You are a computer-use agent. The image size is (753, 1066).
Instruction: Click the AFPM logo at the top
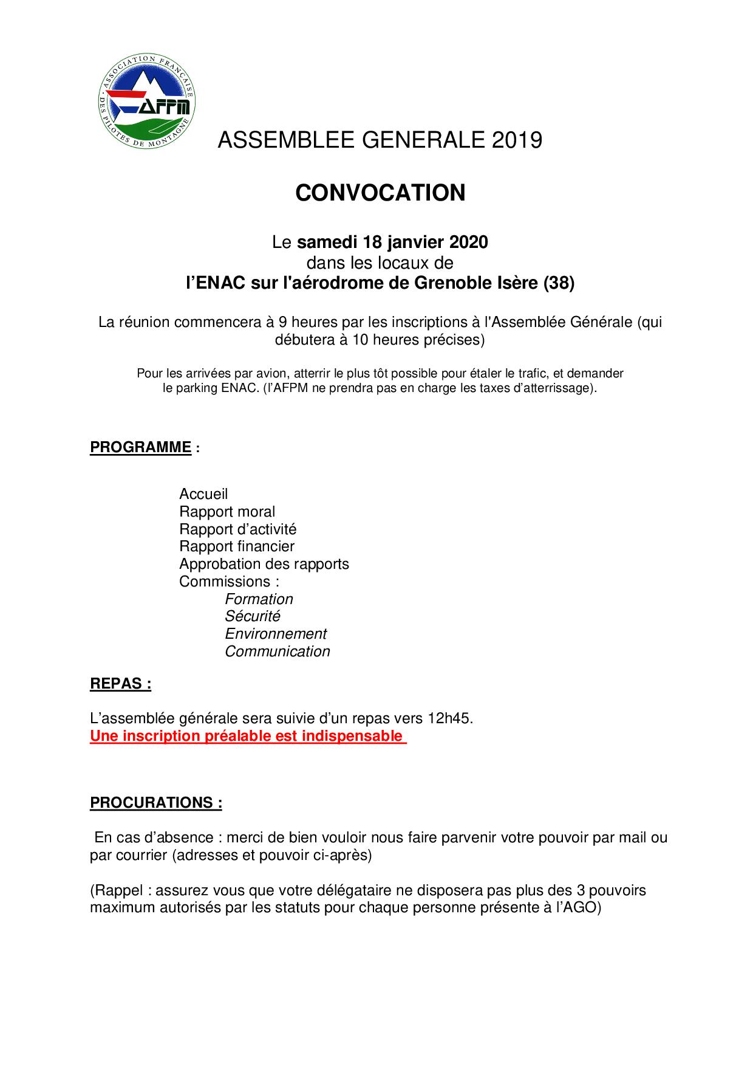pos(146,103)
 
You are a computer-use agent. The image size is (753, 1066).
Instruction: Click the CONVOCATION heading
pos(380,193)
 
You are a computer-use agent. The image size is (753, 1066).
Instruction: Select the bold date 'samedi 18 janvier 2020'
pos(392,242)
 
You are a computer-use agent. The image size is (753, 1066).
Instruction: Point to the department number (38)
pos(558,283)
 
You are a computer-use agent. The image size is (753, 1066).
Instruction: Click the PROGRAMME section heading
pos(141,447)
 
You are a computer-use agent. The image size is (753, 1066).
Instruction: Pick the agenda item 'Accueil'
pos(203,494)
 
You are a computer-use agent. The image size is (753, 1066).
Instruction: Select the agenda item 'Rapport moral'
pos(227,512)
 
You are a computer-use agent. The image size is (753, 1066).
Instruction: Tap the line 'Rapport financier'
pos(237,546)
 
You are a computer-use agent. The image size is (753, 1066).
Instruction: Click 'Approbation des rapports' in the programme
pos(264,564)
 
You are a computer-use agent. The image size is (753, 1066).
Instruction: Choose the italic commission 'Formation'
pos(259,599)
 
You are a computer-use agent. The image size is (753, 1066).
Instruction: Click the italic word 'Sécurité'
pos(253,616)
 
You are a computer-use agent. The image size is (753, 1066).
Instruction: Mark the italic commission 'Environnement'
pos(276,634)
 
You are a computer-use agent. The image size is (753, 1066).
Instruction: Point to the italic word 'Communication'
pos(278,652)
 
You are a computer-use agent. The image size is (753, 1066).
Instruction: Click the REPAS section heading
pos(120,684)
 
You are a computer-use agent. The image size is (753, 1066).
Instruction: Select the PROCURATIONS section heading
pos(156,803)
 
